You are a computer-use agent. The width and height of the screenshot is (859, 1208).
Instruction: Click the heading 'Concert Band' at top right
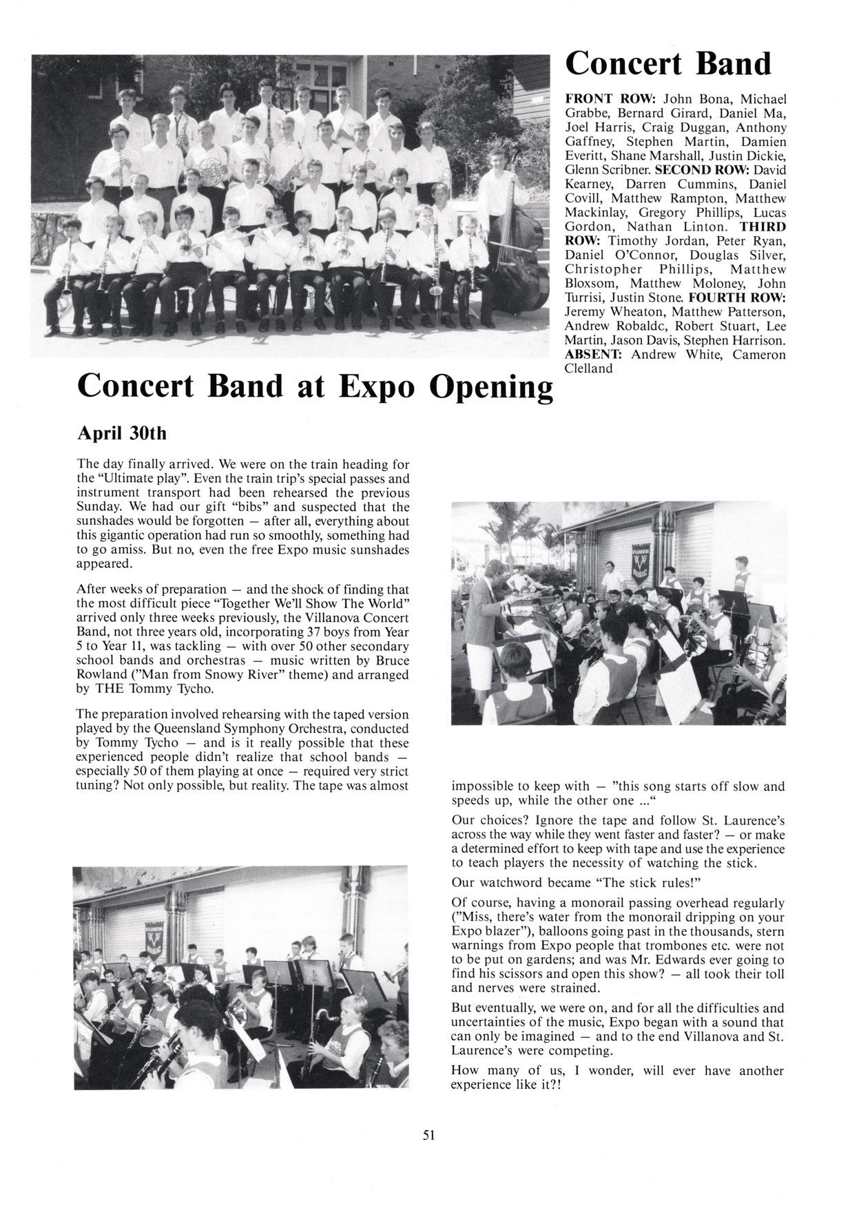[667, 64]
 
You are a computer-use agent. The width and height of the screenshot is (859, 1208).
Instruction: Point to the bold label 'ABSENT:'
[593, 355]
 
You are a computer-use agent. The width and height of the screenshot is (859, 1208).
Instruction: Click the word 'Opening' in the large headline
[491, 388]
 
